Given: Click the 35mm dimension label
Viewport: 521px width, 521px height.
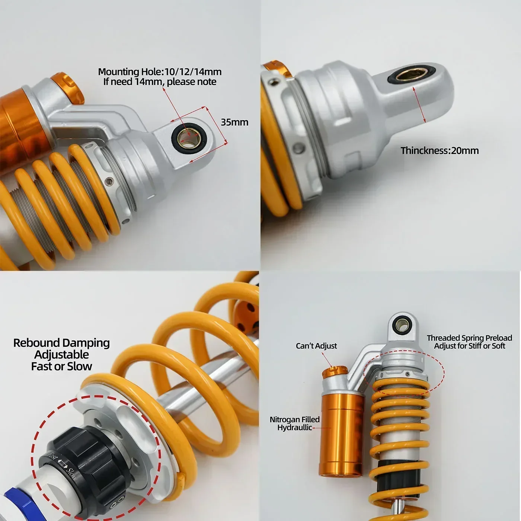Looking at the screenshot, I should tap(234, 122).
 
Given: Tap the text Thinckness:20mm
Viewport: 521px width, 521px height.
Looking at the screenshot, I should tap(440, 151).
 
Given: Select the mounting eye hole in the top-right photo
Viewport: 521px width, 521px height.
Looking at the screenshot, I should tap(407, 76).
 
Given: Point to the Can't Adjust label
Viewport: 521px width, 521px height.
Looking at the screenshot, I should tap(316, 346).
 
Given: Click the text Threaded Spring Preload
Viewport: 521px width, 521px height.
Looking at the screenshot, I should tap(469, 338).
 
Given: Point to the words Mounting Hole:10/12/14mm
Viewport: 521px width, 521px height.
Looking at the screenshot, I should tap(160, 72).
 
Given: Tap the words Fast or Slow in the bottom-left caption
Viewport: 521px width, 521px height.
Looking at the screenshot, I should tap(61, 367).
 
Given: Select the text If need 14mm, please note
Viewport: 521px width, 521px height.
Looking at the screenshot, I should tap(160, 82).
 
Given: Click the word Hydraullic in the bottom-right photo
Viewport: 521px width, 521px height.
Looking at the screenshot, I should tap(294, 428).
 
